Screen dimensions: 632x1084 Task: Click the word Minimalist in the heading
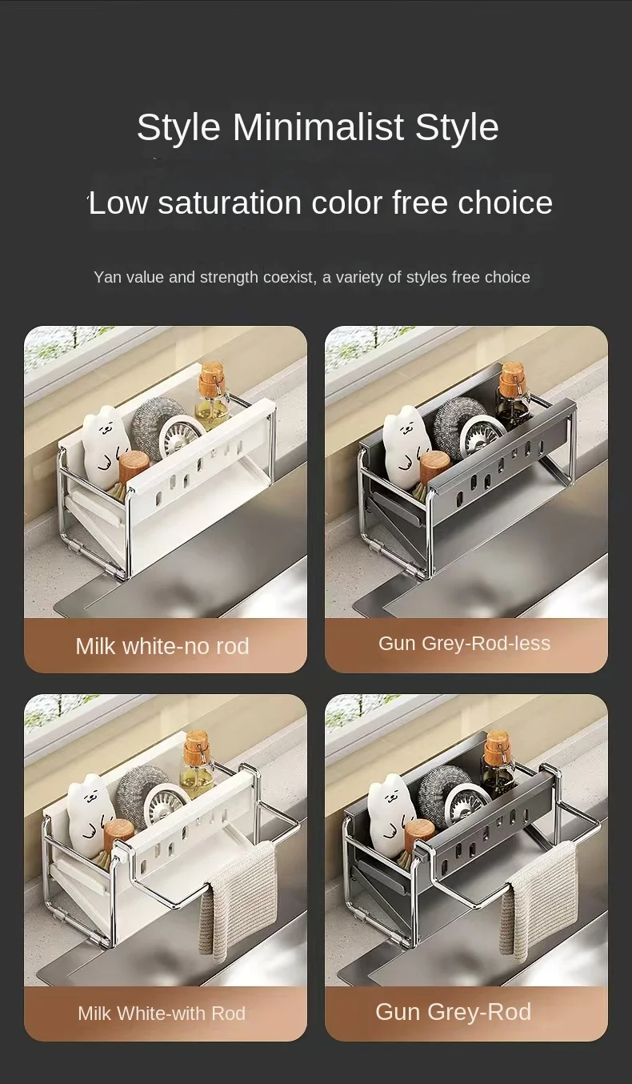[318, 126]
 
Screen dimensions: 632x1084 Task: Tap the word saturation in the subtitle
[230, 203]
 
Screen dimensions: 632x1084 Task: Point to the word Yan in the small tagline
[105, 277]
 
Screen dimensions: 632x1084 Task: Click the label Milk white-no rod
[162, 646]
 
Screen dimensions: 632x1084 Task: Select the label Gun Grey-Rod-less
[464, 643]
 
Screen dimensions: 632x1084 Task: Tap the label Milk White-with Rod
[162, 1013]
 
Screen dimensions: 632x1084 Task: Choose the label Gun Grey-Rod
[453, 1011]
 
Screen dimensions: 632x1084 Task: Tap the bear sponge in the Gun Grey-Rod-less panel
[406, 444]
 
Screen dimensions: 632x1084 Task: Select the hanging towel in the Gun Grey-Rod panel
[538, 901]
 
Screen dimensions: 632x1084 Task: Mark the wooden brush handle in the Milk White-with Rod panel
[118, 836]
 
